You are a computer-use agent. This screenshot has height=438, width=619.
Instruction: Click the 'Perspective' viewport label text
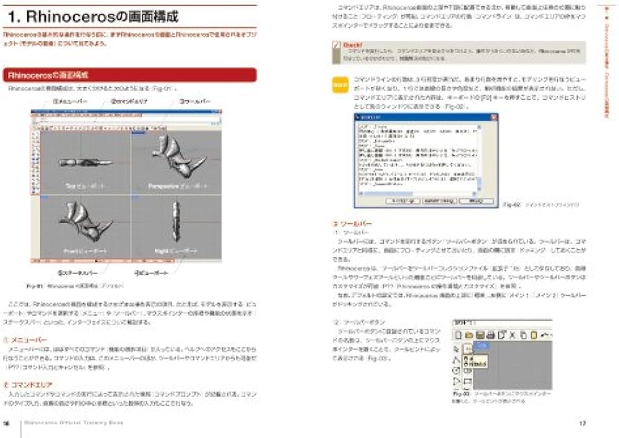tap(162, 186)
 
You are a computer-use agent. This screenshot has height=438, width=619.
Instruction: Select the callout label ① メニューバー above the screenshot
tap(68, 100)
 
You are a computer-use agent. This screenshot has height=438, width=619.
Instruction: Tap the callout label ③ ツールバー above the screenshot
tap(196, 100)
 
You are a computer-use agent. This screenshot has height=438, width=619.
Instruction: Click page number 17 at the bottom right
tap(582, 424)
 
